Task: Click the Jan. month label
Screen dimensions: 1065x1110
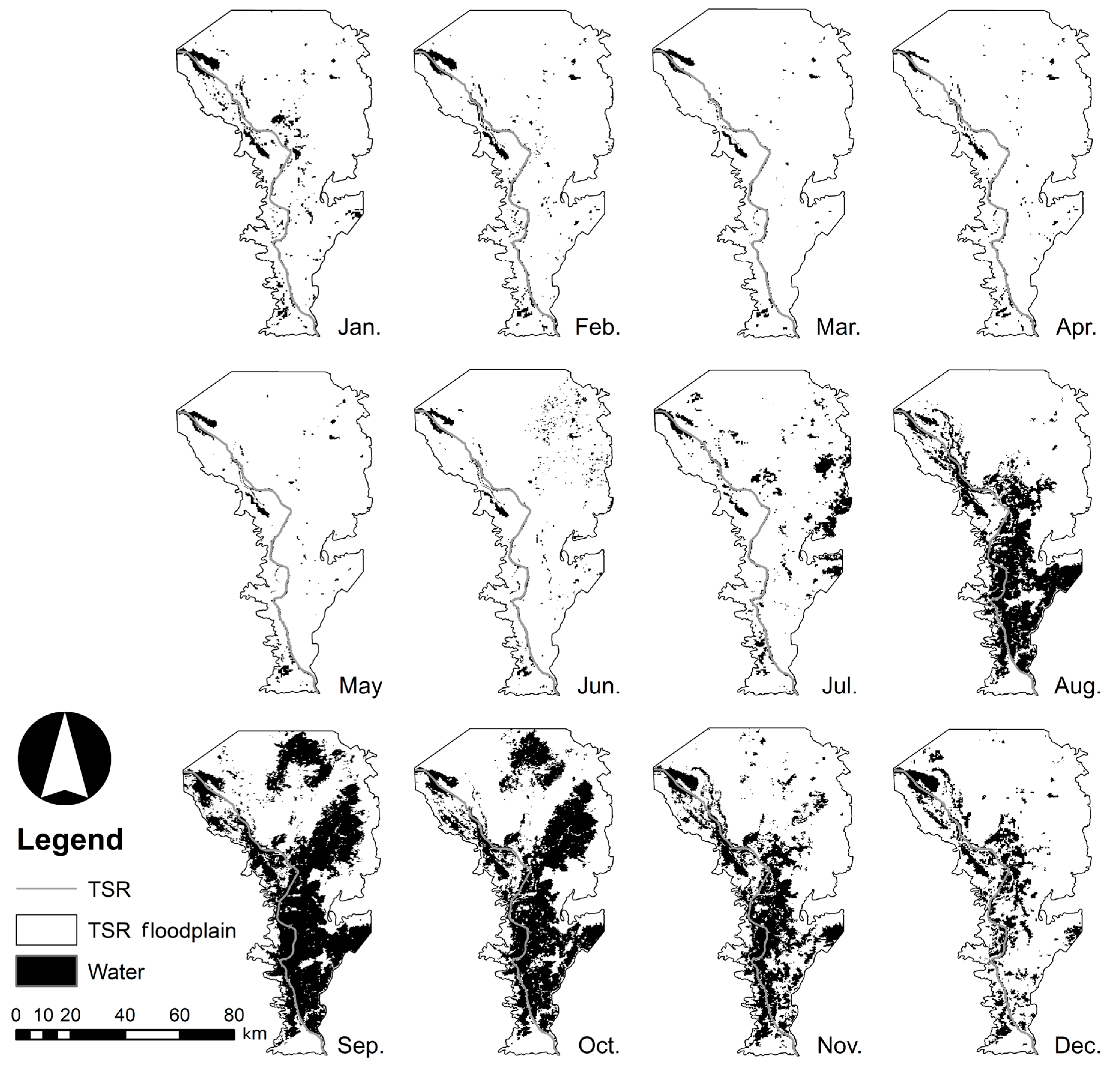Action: click(x=359, y=328)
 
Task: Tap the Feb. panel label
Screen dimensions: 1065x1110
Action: click(x=598, y=328)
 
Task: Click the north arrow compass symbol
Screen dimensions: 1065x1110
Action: click(x=65, y=758)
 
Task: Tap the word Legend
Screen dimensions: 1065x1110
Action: click(x=70, y=840)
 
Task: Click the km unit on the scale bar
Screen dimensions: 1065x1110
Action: click(x=254, y=1034)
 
